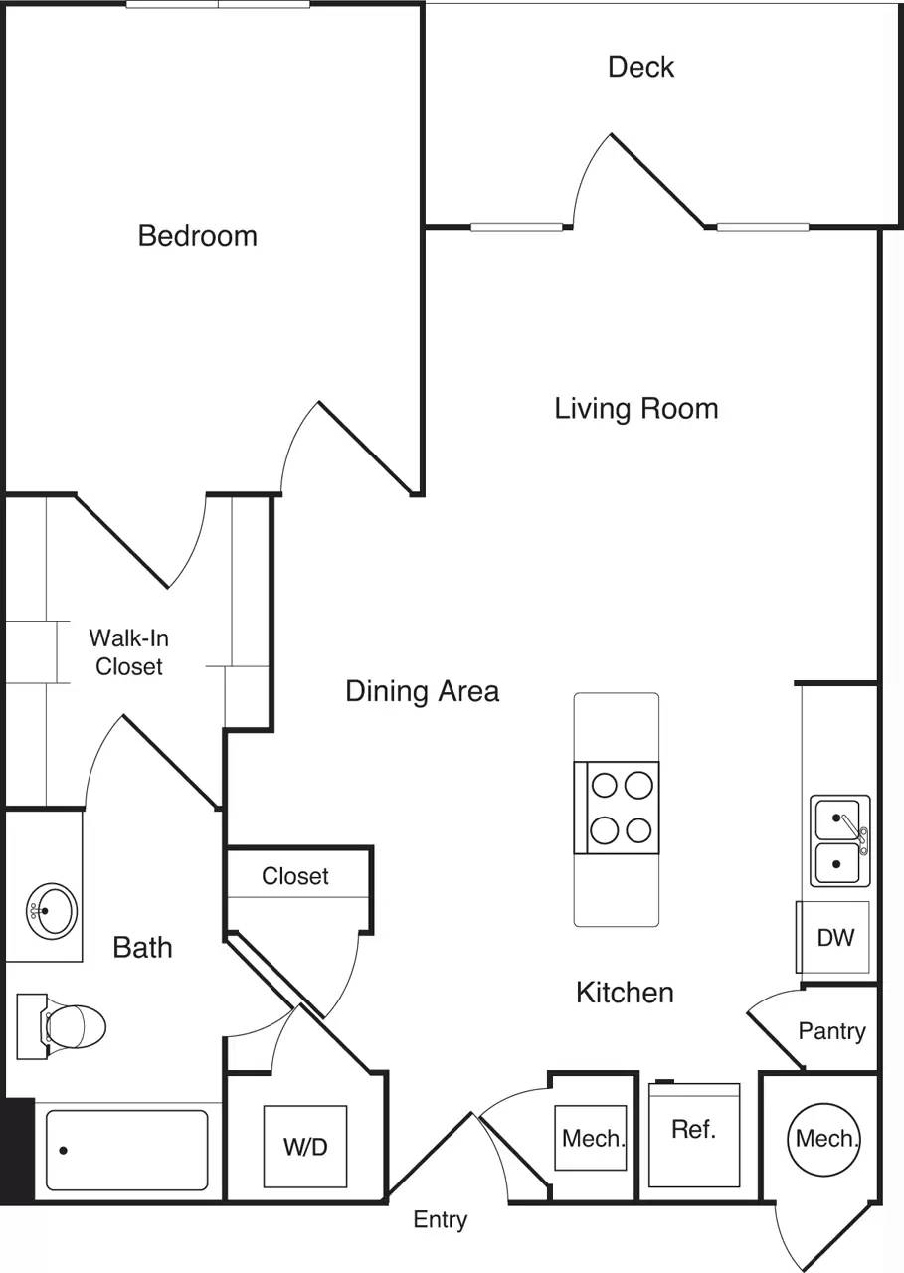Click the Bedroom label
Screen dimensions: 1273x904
[x=197, y=236]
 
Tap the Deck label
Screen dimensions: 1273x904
[x=640, y=67]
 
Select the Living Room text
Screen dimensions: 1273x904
[x=635, y=408]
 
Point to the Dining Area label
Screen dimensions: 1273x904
[x=422, y=690]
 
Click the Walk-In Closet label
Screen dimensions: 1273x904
[x=128, y=652]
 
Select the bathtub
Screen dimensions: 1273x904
[x=126, y=1150]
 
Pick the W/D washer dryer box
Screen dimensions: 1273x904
[x=305, y=1147]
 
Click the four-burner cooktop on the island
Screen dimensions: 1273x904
[x=617, y=807]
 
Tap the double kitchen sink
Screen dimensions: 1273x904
[x=839, y=841]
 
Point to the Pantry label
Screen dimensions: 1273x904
[x=831, y=1031]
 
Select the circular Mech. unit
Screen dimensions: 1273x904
[x=825, y=1138]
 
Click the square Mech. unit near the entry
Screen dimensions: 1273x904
[x=593, y=1138]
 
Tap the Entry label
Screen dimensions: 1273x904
[x=441, y=1219]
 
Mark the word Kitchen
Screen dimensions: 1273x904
[x=625, y=992]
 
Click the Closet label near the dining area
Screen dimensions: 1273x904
[x=295, y=876]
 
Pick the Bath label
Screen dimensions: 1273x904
[x=142, y=947]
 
